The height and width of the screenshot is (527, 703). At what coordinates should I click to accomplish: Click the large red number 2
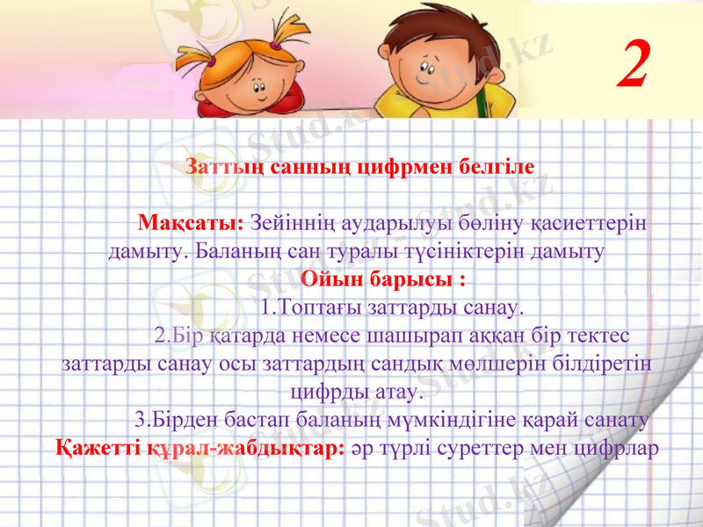pyautogui.click(x=634, y=63)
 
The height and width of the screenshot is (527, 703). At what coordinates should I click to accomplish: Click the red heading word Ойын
pyautogui.click(x=331, y=281)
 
